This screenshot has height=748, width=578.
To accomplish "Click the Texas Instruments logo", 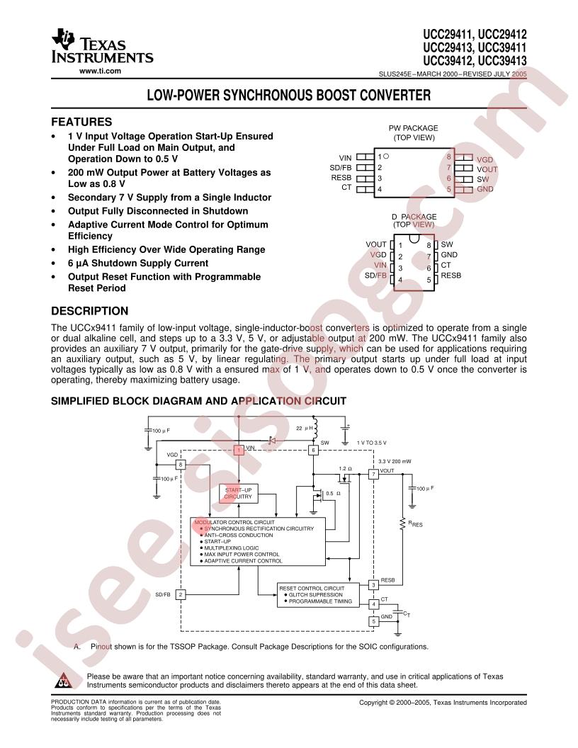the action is click(x=102, y=46).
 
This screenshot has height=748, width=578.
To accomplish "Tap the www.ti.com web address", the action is click(x=100, y=71).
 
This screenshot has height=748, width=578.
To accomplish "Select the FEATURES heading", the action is click(x=81, y=122).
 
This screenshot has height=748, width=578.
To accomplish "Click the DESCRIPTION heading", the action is click(x=90, y=311).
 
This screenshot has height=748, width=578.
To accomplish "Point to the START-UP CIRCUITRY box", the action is click(x=238, y=493).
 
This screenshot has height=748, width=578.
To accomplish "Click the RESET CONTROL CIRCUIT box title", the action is click(x=312, y=589).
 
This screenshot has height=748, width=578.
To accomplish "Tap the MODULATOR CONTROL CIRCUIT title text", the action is click(x=234, y=522).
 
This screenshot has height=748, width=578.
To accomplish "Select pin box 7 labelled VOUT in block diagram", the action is click(x=373, y=474).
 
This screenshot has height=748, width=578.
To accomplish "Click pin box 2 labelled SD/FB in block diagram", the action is click(x=180, y=594).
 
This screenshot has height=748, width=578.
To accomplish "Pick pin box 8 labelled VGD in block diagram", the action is click(x=180, y=465).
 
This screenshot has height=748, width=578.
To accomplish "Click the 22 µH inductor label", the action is click(x=305, y=429).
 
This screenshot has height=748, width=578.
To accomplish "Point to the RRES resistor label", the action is click(x=415, y=523).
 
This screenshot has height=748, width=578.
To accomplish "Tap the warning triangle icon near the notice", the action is click(x=63, y=681).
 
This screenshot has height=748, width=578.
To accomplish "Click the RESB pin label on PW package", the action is click(x=341, y=178).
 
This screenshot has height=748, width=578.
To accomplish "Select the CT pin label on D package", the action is click(x=446, y=265).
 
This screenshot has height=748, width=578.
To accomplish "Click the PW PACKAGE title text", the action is click(x=414, y=128).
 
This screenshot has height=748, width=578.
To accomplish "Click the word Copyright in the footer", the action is click(x=374, y=703).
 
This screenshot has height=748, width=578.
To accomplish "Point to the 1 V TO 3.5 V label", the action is click(x=371, y=443).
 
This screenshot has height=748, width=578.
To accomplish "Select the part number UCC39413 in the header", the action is click(x=503, y=61).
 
